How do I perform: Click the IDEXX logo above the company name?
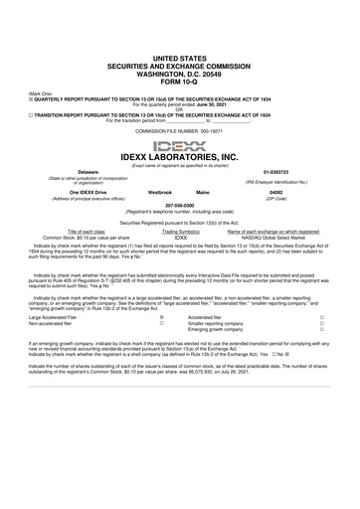point(179,144)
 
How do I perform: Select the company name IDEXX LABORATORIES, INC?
point(179,157)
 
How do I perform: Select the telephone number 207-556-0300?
point(179,207)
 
